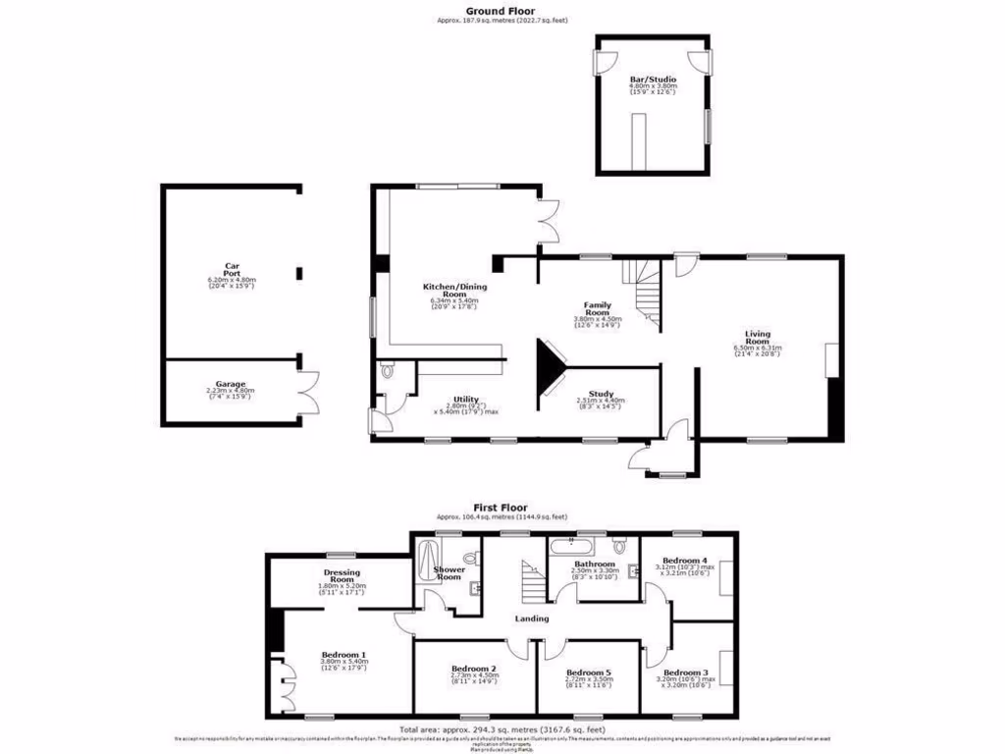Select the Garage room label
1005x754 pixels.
click(x=232, y=384)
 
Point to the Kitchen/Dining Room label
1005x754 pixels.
click(x=454, y=291)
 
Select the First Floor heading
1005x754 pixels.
click(x=502, y=508)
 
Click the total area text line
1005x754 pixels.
click(x=502, y=729)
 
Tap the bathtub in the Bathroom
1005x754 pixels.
click(x=571, y=543)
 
